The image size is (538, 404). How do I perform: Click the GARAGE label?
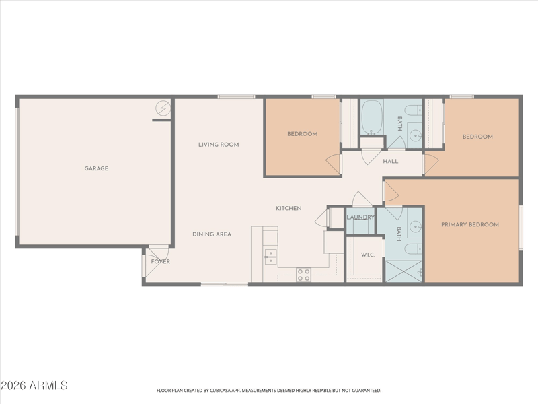[x=96, y=168]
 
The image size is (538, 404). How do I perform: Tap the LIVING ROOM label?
[x=219, y=145]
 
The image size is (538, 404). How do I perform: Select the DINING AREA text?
[x=212, y=234]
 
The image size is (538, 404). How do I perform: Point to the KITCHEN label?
[x=289, y=208]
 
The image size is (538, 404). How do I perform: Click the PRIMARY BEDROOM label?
[x=470, y=225]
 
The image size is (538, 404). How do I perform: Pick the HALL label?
[x=391, y=161]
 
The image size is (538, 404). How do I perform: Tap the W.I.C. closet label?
[x=368, y=255]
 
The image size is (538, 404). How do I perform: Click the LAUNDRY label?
[x=360, y=217]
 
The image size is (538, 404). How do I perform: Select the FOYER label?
[x=161, y=261]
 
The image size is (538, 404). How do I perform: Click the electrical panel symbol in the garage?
[x=163, y=108]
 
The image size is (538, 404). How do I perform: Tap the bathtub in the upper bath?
[x=372, y=117]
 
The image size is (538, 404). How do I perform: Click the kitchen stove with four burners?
[x=304, y=275]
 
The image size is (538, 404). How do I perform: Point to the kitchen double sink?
[x=270, y=257]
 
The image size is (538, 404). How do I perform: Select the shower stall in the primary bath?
[x=403, y=271]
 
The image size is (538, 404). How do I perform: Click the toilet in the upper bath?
[x=413, y=110]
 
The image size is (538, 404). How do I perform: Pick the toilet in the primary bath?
[x=413, y=248]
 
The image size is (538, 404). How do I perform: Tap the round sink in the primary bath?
[x=416, y=226]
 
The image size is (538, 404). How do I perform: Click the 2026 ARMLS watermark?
[x=34, y=385]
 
